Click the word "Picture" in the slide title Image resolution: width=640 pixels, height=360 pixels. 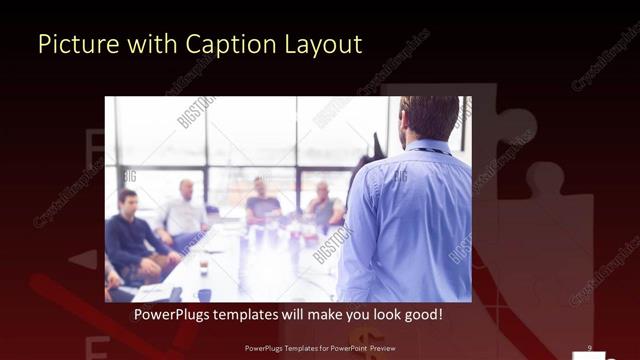pos(73,44)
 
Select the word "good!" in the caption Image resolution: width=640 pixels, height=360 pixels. pos(423,314)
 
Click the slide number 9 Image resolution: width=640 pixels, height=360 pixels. pos(590,347)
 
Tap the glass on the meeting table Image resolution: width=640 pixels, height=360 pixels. pos(203,267)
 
